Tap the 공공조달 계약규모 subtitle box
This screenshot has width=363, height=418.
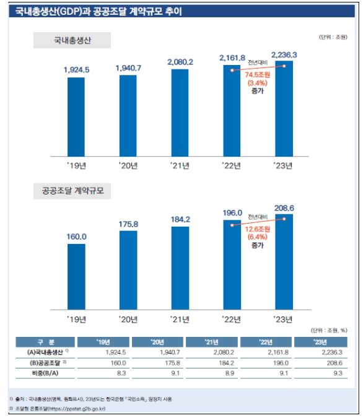point(72,191)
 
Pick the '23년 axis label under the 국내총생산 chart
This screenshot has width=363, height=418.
point(284,166)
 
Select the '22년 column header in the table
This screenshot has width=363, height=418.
point(265,342)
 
